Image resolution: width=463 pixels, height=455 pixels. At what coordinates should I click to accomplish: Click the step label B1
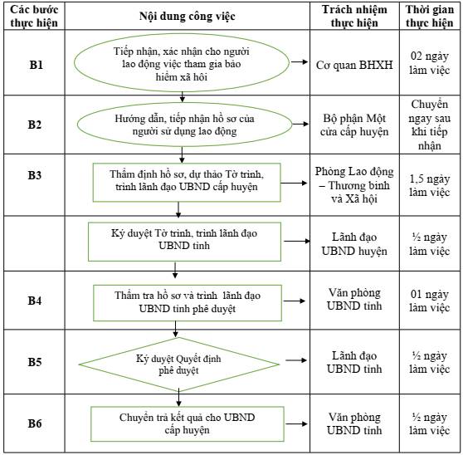click(x=36, y=65)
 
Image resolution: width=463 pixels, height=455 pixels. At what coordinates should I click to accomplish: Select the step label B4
click(x=35, y=301)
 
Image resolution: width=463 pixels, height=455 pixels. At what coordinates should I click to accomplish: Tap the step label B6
click(x=35, y=423)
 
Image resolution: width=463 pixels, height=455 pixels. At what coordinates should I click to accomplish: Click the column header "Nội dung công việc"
click(x=188, y=17)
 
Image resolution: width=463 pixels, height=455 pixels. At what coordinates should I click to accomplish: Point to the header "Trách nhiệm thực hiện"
click(x=354, y=17)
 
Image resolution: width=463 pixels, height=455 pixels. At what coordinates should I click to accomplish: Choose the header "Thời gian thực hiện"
click(x=430, y=17)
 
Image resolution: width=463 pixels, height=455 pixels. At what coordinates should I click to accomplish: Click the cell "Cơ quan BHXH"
click(x=354, y=65)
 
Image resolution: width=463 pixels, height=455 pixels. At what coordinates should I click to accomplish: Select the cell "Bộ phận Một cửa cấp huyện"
click(x=354, y=125)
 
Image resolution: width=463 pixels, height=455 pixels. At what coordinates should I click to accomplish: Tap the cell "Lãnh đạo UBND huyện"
click(x=354, y=244)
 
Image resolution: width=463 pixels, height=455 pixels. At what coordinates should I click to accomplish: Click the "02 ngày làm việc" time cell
click(x=430, y=63)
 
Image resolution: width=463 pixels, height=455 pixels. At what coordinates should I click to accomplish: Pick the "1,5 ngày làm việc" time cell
click(x=430, y=185)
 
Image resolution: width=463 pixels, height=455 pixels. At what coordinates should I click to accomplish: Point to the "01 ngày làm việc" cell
click(x=430, y=301)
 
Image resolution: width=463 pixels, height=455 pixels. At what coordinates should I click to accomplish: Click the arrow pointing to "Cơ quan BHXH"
click(x=300, y=61)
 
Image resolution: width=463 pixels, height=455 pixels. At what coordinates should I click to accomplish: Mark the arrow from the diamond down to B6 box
click(x=178, y=398)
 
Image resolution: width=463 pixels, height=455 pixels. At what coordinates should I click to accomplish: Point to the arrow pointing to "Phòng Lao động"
click(x=294, y=183)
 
